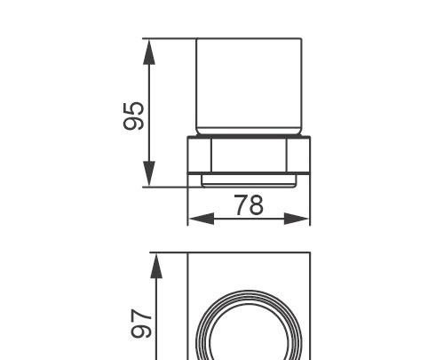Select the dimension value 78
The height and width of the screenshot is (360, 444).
[250, 204]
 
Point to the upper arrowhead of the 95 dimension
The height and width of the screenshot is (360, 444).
[149, 51]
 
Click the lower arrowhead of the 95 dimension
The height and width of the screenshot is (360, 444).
[149, 175]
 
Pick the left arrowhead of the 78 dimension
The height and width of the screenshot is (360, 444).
[197, 218]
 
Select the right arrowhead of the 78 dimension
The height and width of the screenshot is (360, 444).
[300, 218]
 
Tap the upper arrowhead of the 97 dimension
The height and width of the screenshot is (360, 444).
[156, 266]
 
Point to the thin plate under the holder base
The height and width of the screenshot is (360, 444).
[249, 180]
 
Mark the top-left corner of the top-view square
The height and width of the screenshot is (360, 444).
[188, 254]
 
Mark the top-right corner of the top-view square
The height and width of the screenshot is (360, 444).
[310, 254]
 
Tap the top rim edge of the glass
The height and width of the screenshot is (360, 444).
[249, 39]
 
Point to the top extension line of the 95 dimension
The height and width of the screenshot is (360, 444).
[169, 38]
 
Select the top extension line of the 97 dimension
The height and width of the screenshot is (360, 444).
[169, 253]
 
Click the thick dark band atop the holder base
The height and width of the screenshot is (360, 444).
[249, 139]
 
